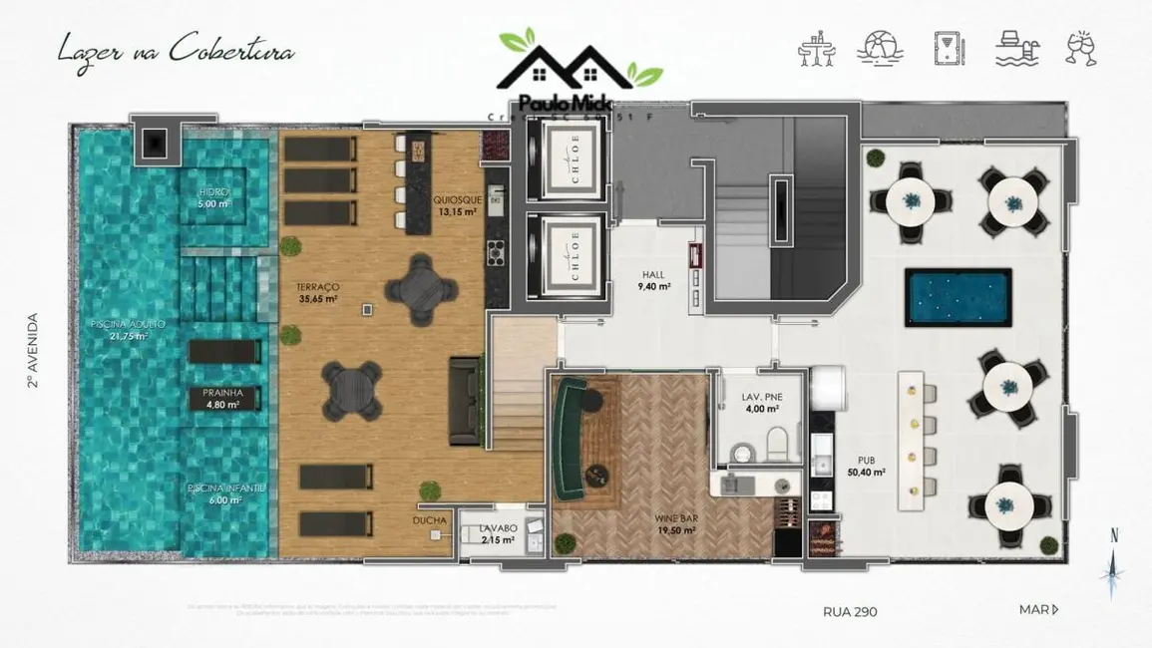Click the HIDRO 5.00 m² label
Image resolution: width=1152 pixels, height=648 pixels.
213,197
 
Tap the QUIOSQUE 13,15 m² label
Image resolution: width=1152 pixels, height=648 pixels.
454,205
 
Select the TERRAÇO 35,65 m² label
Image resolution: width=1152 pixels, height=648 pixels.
317,291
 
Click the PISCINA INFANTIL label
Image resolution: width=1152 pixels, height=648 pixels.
226,493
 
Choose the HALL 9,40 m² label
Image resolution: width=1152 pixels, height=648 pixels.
654,280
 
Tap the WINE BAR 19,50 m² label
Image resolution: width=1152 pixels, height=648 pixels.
675,524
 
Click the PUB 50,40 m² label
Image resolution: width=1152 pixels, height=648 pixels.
867,466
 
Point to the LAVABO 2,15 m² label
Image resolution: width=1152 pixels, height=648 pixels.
497,533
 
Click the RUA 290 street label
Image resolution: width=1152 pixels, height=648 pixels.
850,611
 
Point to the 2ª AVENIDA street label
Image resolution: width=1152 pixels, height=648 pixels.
33,350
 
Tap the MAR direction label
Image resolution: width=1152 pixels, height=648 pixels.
1037,610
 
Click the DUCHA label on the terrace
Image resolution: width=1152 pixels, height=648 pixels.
430,520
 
